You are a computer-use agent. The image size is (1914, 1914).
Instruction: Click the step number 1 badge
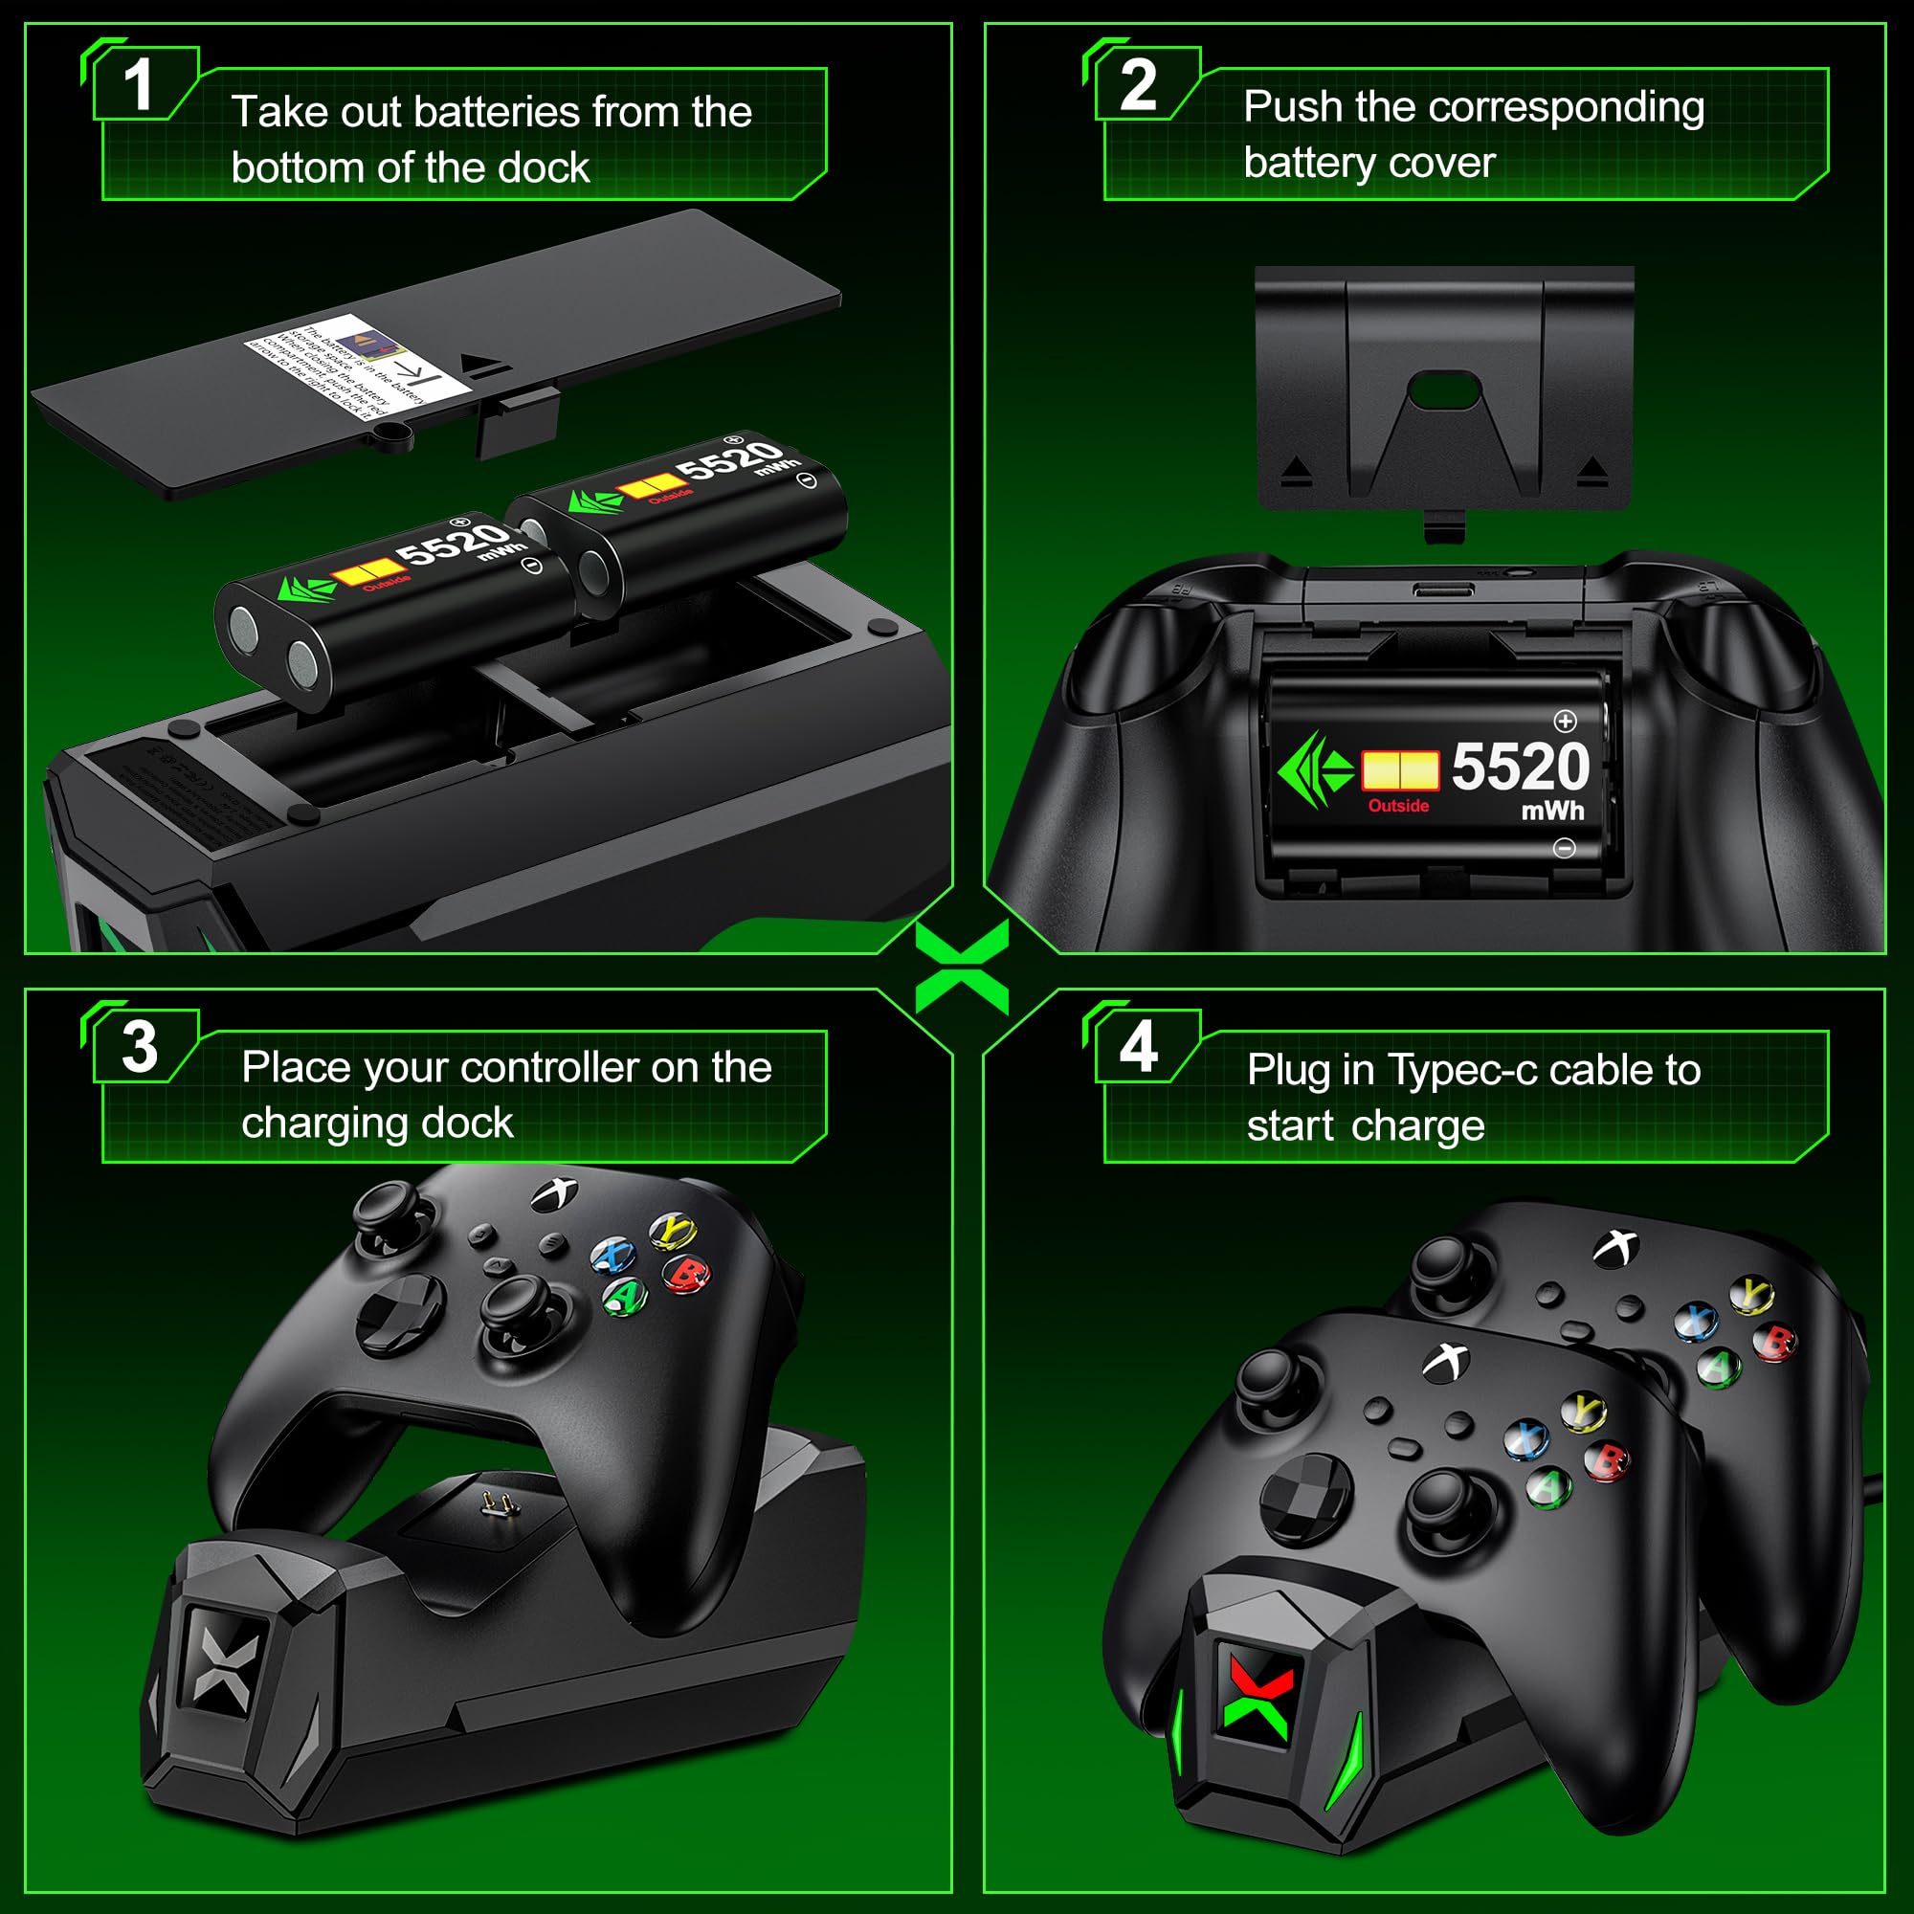(x=139, y=85)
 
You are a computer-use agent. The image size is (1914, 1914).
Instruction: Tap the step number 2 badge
(x=1138, y=85)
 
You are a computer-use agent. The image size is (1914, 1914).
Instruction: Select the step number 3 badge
(x=140, y=1047)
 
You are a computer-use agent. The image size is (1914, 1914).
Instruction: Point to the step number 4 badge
(x=1138, y=1047)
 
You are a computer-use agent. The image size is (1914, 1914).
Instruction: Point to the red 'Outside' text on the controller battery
(x=1398, y=807)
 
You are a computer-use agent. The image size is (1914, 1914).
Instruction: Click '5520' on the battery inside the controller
(x=1521, y=767)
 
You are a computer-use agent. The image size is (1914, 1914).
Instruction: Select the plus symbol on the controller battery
(x=1566, y=721)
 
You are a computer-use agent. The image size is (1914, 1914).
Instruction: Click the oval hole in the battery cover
(x=1444, y=392)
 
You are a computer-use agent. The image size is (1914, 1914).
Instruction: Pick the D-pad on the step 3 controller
(x=399, y=1314)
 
